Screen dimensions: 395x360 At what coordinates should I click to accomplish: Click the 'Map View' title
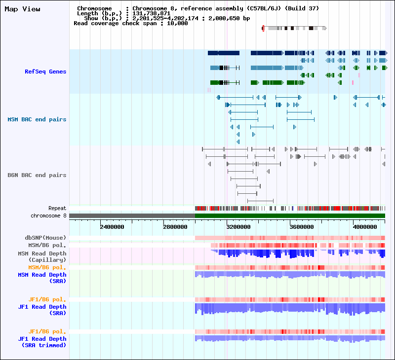[x=22, y=9]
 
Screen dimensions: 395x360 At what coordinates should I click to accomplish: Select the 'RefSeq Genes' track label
[x=45, y=72]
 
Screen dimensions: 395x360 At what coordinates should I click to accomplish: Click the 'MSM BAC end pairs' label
[x=37, y=119]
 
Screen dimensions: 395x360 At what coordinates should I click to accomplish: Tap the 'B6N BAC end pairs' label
[x=37, y=175]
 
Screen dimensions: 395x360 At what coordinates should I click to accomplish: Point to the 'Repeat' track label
[x=57, y=208]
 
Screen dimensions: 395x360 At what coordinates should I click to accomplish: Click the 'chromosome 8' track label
[x=48, y=216]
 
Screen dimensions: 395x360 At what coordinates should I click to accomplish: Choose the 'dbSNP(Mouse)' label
[x=45, y=238]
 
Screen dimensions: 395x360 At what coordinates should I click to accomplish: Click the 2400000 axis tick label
[x=112, y=227]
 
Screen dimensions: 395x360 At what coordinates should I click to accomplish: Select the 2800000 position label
[x=175, y=227]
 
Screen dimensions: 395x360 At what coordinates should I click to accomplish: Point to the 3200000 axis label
[x=238, y=227]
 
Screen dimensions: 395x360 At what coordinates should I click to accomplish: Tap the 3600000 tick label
[x=302, y=227]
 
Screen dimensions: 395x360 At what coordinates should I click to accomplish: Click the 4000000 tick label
[x=365, y=227]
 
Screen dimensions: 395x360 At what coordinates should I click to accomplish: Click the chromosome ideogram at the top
[x=294, y=28]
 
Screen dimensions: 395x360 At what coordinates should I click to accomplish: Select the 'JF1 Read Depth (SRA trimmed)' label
[x=42, y=342]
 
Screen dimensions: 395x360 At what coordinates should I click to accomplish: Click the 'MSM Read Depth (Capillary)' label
[x=42, y=256]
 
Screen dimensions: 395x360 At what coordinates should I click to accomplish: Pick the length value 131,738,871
[x=152, y=14]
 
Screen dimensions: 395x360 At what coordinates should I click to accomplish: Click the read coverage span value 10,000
[x=177, y=23]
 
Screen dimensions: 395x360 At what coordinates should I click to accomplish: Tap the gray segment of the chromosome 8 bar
[x=132, y=216]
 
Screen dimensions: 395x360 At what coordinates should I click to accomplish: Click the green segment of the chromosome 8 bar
[x=290, y=216]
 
